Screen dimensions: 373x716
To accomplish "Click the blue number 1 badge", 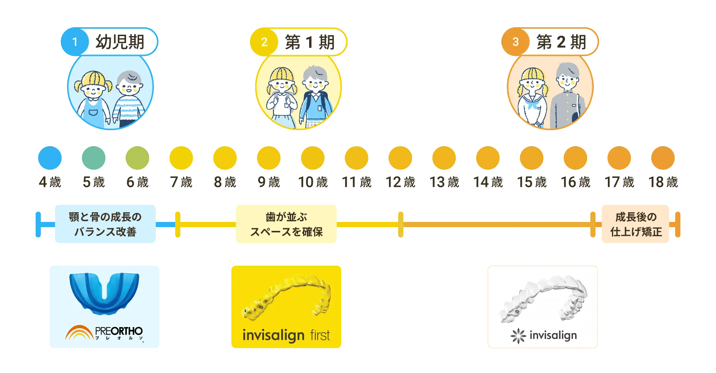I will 75,42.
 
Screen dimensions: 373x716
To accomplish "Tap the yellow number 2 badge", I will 264,42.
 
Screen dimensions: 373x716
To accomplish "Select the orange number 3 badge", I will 515,42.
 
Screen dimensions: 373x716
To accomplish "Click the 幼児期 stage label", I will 120,42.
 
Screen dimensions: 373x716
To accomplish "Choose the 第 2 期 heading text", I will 561,42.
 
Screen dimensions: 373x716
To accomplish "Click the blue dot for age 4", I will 50,158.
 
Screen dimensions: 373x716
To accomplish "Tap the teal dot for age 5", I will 94,158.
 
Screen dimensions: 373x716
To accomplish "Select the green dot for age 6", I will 138,158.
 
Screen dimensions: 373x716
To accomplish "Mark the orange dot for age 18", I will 663,158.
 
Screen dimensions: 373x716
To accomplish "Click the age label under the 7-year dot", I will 182,182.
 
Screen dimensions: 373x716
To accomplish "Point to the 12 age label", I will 401,182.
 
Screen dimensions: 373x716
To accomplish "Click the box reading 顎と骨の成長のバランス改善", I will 106,224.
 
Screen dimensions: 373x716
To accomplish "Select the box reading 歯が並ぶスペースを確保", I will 286,224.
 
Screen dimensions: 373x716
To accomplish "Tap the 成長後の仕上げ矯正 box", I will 636,224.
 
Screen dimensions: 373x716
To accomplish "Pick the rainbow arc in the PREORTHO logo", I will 79,333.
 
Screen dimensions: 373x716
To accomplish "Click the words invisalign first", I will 286,335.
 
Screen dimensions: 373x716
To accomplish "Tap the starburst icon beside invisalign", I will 518,336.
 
